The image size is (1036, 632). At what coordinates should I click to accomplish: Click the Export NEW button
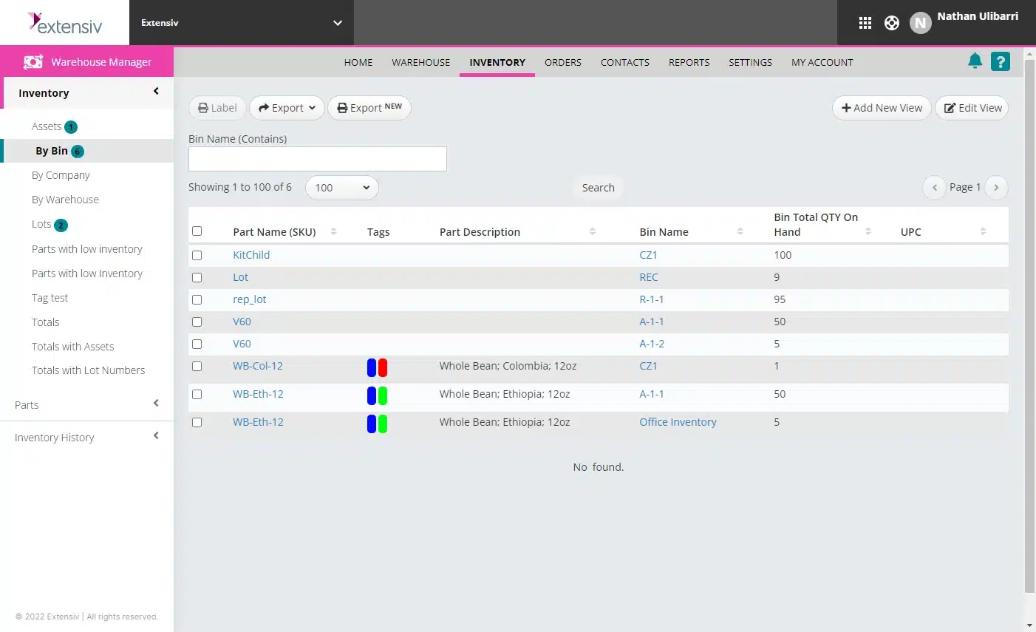pyautogui.click(x=369, y=108)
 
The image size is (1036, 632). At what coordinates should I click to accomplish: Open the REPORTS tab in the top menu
pyautogui.click(x=689, y=63)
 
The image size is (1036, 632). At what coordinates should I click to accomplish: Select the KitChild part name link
pyautogui.click(x=251, y=255)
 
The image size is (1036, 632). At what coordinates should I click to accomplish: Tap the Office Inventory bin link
pyautogui.click(x=678, y=422)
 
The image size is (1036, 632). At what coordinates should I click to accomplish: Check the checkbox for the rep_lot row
pyautogui.click(x=197, y=299)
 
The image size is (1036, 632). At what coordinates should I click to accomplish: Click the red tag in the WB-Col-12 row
pyautogui.click(x=383, y=367)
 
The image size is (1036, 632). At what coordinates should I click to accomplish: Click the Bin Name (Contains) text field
pyautogui.click(x=318, y=159)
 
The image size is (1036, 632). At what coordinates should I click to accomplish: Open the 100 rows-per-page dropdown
pyautogui.click(x=341, y=188)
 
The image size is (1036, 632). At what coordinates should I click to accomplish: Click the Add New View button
pyautogui.click(x=882, y=108)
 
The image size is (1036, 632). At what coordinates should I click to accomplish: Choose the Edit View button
pyautogui.click(x=972, y=108)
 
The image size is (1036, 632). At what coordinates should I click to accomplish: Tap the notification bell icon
pyautogui.click(x=975, y=61)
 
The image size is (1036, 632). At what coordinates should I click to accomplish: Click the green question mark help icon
pyautogui.click(x=1001, y=62)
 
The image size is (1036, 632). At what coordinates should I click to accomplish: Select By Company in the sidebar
pyautogui.click(x=61, y=175)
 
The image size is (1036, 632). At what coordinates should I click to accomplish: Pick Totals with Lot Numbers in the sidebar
pyautogui.click(x=88, y=370)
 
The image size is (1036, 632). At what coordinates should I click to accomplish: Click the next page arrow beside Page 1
pyautogui.click(x=996, y=188)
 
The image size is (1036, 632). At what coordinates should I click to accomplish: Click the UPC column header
pyautogui.click(x=911, y=232)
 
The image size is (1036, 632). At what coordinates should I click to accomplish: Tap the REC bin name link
pyautogui.click(x=649, y=277)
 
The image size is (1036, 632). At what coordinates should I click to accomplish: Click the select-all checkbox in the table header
pyautogui.click(x=197, y=231)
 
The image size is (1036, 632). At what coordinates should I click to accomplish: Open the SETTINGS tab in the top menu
pyautogui.click(x=750, y=63)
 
